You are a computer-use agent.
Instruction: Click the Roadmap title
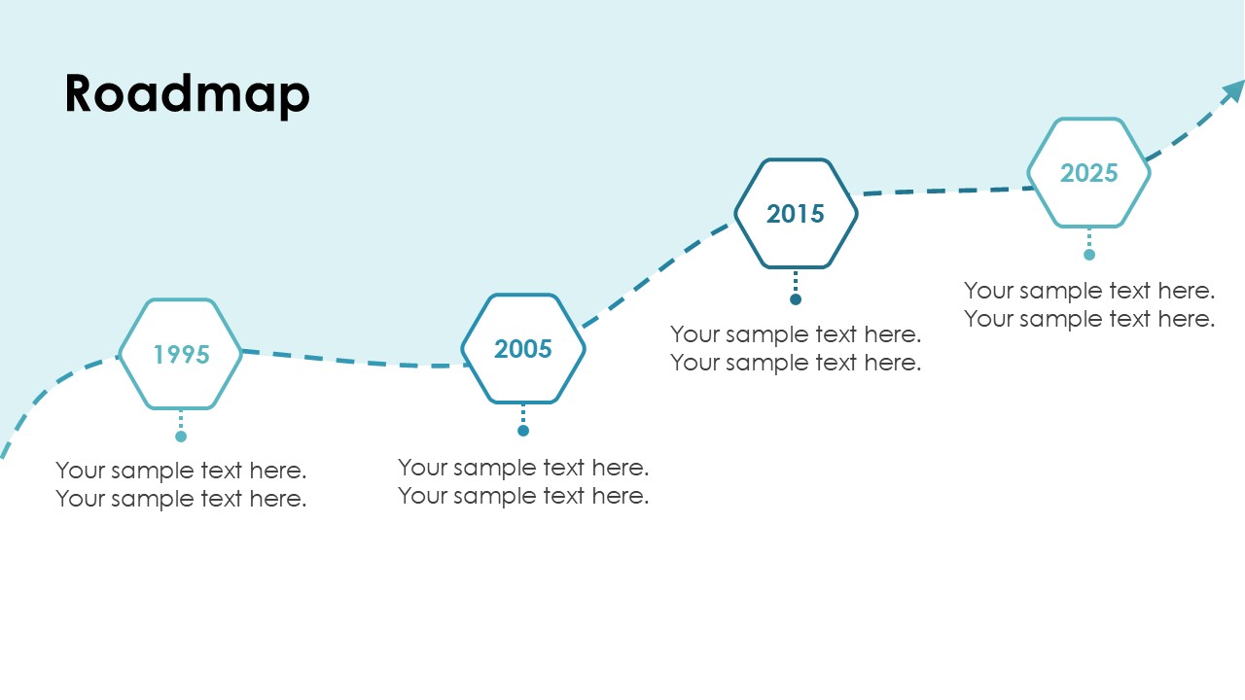pos(187,94)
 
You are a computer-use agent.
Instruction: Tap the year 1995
pos(181,355)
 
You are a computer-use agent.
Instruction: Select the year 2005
pos(523,349)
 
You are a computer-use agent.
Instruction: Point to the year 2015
pos(796,214)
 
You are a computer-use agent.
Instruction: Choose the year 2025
pos(1088,173)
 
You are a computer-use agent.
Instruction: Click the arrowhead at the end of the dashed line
pos(1234,90)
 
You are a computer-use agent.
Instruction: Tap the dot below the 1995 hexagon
pos(181,437)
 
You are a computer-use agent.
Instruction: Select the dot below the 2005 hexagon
pos(523,431)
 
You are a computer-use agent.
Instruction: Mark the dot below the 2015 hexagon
pos(796,299)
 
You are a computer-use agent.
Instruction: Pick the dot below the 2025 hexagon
pos(1088,255)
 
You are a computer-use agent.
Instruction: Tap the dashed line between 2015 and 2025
pos(944,192)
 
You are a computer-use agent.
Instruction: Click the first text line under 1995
pos(181,471)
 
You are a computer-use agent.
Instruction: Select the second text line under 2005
pos(523,496)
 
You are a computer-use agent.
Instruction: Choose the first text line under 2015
pos(796,334)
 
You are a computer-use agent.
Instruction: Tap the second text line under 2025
pos(1088,319)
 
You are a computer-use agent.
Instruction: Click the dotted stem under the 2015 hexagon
pos(796,281)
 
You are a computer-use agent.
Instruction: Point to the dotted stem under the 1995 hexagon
pos(181,419)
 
